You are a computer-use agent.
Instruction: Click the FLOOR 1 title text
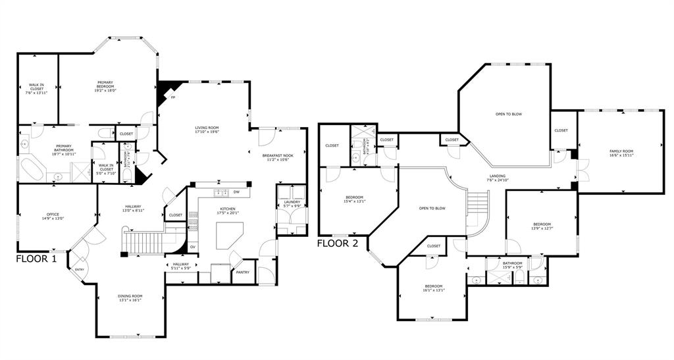click(36, 259)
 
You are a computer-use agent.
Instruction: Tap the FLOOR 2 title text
click(338, 243)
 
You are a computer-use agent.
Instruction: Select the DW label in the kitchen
click(236, 193)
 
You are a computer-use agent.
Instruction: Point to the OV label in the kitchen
click(193, 247)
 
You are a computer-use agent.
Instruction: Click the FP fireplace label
click(172, 98)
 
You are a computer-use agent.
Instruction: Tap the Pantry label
click(242, 272)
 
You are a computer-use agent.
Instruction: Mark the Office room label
click(53, 217)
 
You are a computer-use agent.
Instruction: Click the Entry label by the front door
click(80, 269)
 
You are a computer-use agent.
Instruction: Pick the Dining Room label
click(130, 297)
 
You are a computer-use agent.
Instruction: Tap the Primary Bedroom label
click(105, 85)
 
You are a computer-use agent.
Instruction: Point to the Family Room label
click(620, 153)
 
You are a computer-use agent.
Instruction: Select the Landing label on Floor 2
click(498, 178)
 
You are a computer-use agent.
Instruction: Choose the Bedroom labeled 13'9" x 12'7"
click(542, 226)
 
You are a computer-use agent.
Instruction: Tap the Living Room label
click(206, 129)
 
